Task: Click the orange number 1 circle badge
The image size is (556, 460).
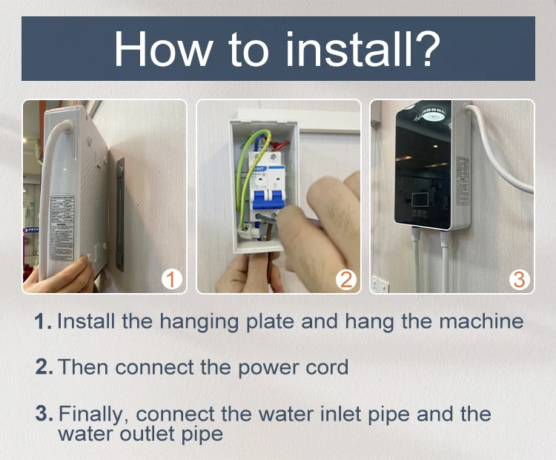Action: [171, 280]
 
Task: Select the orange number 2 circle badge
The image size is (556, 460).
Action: [345, 280]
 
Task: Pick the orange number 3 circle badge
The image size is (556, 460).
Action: [519, 280]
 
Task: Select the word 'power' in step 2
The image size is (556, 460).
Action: [259, 367]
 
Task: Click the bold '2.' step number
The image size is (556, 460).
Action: [44, 367]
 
